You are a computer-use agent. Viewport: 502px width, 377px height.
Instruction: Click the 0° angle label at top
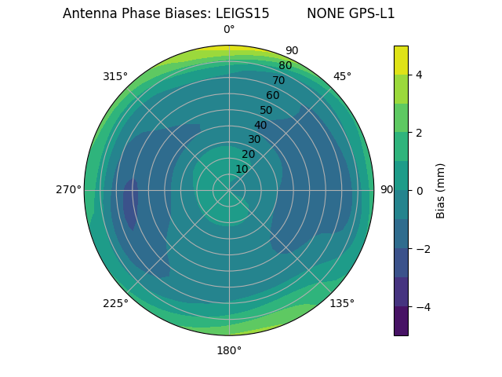[x=229, y=30]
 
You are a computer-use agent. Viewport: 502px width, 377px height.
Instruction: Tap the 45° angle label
[x=342, y=76]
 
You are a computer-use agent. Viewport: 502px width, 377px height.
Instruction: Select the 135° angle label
[x=342, y=303]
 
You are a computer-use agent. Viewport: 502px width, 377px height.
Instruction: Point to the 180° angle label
[x=229, y=350]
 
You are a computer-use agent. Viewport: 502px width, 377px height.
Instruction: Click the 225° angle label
[x=115, y=303]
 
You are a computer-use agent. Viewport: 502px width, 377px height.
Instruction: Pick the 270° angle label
[x=68, y=189]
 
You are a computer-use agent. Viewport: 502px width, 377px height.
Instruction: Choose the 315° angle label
[x=115, y=76]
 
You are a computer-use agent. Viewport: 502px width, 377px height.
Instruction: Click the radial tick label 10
[x=242, y=169]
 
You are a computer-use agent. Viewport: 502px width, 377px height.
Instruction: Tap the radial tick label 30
[x=254, y=140]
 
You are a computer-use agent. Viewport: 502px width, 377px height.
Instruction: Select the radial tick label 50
[x=266, y=110]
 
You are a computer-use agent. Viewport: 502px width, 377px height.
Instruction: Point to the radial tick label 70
[x=278, y=81]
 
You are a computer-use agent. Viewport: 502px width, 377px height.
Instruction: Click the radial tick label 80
[x=285, y=66]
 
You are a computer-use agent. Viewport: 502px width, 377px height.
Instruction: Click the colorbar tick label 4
[x=420, y=75]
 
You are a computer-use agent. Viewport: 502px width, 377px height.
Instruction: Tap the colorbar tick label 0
[x=420, y=190]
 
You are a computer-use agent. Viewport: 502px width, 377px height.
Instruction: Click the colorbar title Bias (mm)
[x=441, y=190]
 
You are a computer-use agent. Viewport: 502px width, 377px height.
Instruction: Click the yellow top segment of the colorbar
[x=401, y=60]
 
